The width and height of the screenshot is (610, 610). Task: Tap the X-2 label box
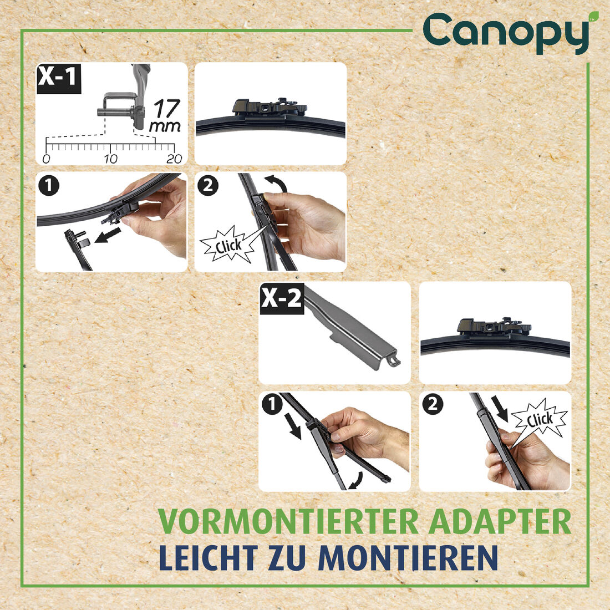tap(282, 299)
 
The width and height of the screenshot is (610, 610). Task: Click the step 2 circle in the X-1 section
tap(208, 186)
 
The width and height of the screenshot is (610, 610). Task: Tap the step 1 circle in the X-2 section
tap(272, 405)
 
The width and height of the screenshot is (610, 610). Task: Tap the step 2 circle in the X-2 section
tap(432, 405)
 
